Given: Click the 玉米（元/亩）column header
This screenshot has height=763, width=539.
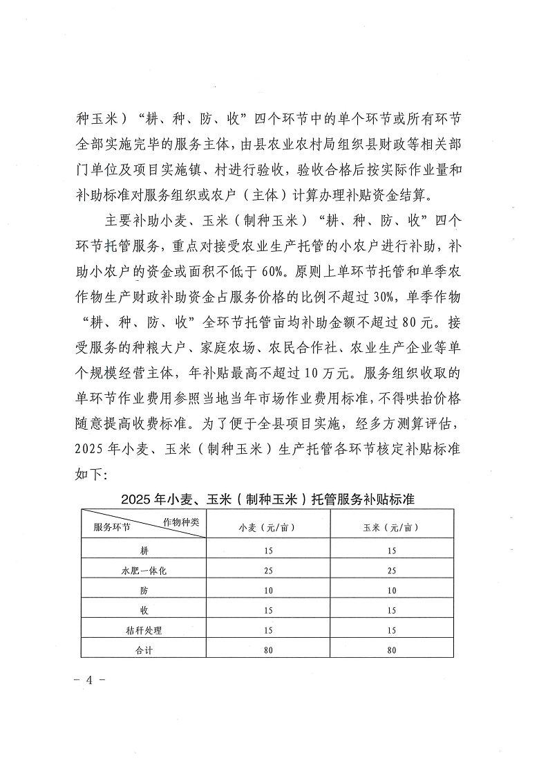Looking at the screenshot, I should pos(392,527).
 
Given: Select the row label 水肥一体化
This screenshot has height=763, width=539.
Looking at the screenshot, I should pos(144,571).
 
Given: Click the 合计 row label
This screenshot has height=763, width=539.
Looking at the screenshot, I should pos(144,650).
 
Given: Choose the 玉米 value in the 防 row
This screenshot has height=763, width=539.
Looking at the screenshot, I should pos(392,591).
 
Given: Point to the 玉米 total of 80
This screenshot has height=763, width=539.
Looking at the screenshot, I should pos(392,650).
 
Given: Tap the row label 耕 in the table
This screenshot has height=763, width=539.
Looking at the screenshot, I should pos(144,551).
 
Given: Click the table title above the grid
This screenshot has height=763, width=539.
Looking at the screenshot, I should pos(267,498).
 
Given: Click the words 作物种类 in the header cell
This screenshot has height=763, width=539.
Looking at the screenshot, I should pos(180,521).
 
